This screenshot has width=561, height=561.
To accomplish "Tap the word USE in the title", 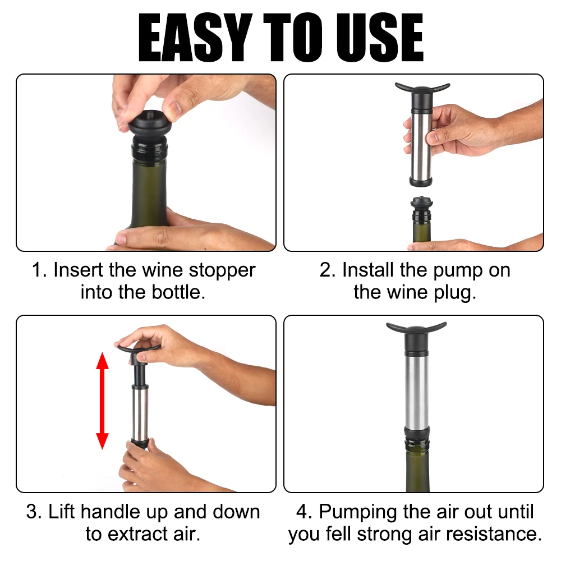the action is click(380, 38).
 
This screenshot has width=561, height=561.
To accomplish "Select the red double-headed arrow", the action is click(102, 401).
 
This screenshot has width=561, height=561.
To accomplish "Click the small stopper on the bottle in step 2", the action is click(421, 209).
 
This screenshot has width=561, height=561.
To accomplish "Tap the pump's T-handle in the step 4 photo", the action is click(416, 328).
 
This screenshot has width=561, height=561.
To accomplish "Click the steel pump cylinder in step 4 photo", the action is click(416, 389).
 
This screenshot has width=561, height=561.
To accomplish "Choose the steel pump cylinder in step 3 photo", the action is click(140, 415).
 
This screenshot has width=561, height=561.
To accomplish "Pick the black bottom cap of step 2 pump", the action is click(421, 181).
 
